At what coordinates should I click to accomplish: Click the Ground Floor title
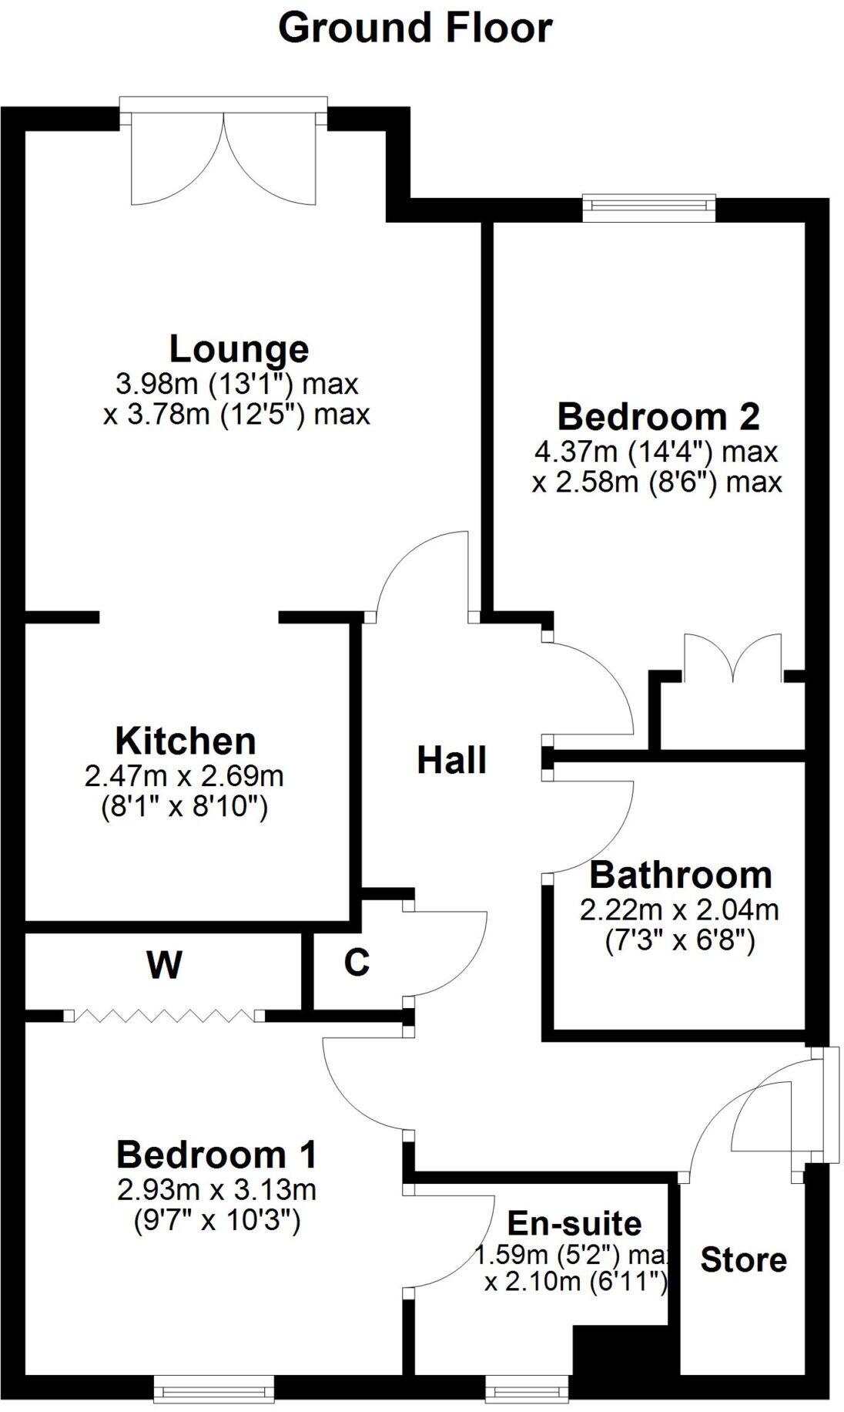[415, 29]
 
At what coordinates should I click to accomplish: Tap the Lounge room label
[239, 349]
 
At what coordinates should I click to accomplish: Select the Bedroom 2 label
[658, 417]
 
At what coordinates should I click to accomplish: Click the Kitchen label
[186, 741]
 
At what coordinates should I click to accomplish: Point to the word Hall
[451, 761]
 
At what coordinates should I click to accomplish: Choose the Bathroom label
[680, 876]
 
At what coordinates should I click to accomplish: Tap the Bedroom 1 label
[216, 1155]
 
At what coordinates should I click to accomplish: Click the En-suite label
[574, 1223]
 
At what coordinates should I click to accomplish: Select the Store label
[743, 1259]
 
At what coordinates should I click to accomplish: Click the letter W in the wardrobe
[164, 964]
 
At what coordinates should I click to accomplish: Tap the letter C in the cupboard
[357, 963]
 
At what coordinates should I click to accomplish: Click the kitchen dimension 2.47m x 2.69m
[184, 775]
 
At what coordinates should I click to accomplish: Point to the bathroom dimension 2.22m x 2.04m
[679, 910]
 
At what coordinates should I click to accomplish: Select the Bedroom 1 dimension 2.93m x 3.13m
[216, 1190]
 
